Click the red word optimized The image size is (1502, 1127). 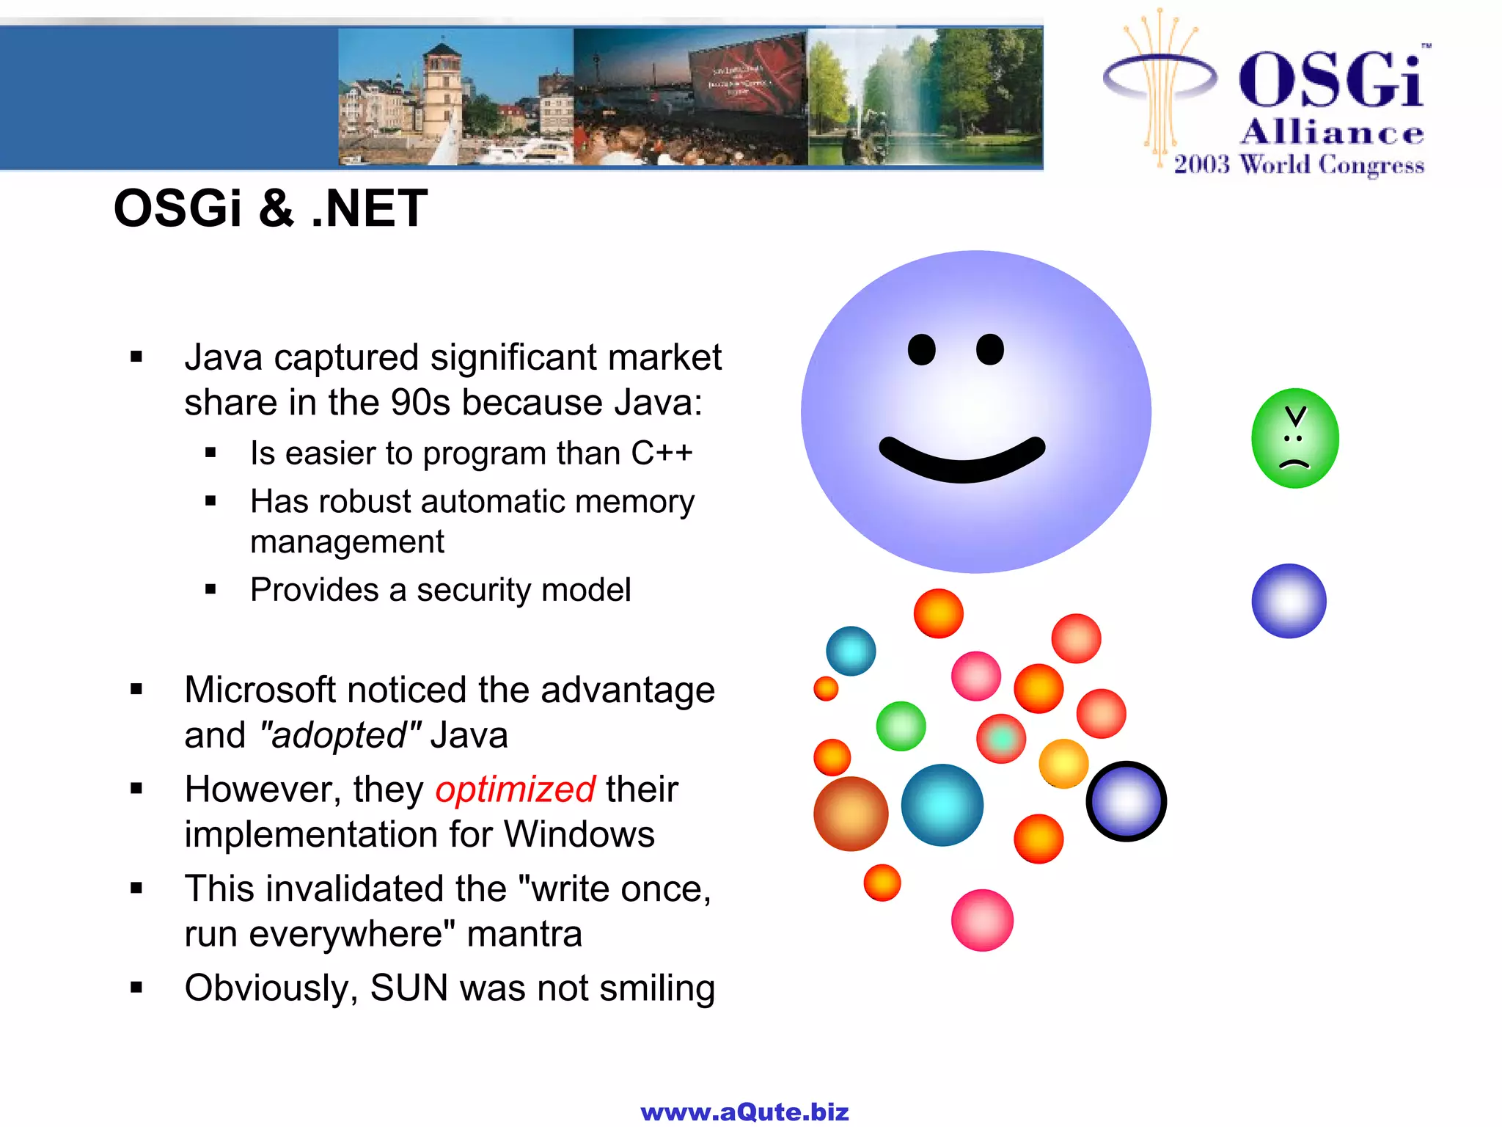[515, 790]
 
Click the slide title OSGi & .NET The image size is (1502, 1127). [271, 208]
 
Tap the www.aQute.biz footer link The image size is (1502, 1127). [744, 1112]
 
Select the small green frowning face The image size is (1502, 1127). [1294, 438]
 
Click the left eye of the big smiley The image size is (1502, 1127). [921, 349]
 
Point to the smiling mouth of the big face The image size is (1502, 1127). [961, 462]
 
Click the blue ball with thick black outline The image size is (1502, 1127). [1126, 801]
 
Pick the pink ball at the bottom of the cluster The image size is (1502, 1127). [982, 920]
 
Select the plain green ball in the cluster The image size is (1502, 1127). [901, 726]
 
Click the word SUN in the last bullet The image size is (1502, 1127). [409, 988]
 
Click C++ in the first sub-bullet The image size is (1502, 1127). [662, 453]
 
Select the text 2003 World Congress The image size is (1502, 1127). [1298, 165]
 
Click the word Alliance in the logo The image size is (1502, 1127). [1332, 133]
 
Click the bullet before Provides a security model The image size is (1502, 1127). [211, 589]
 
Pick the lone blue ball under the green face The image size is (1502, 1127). [1289, 601]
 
